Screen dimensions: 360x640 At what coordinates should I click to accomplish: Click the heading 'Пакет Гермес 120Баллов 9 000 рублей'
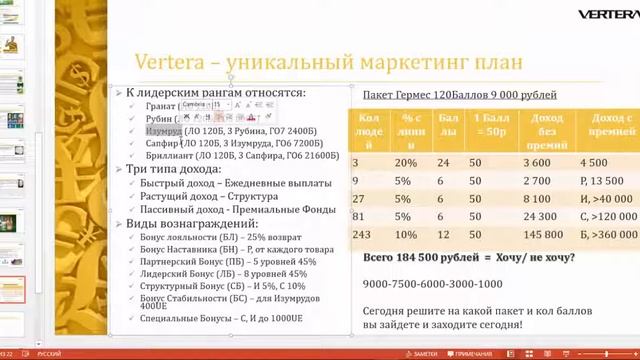[461, 95]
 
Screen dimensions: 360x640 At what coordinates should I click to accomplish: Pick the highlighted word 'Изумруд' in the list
[163, 130]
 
